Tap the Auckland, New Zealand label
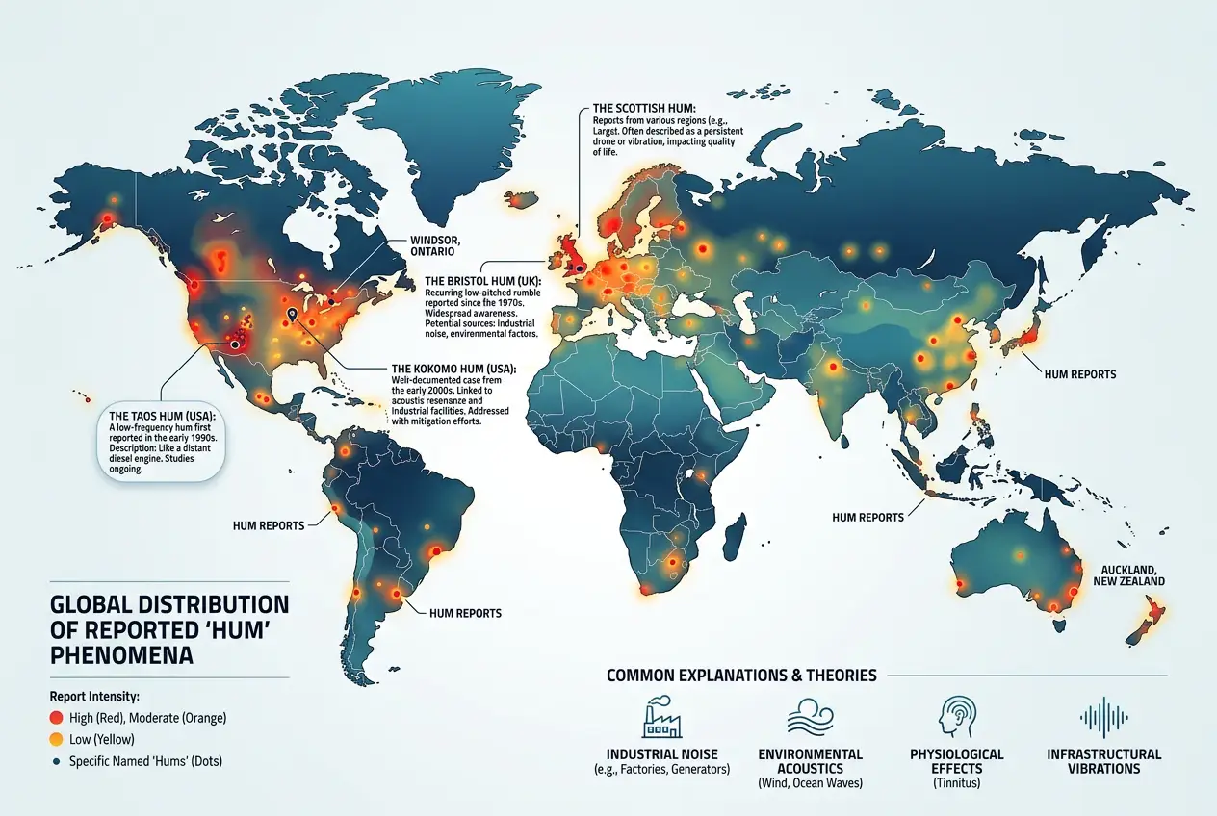(x=1128, y=575)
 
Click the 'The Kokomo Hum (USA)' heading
(x=453, y=369)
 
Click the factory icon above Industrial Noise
(x=660, y=718)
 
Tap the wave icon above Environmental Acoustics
(x=810, y=718)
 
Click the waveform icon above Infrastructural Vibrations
(x=1103, y=718)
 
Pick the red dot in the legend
(x=57, y=718)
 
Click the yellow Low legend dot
(x=57, y=739)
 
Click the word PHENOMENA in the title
(x=121, y=656)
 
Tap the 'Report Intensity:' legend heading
(x=95, y=695)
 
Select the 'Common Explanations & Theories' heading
(x=741, y=676)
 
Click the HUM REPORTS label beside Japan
(x=1080, y=372)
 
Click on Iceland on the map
(x=521, y=199)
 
